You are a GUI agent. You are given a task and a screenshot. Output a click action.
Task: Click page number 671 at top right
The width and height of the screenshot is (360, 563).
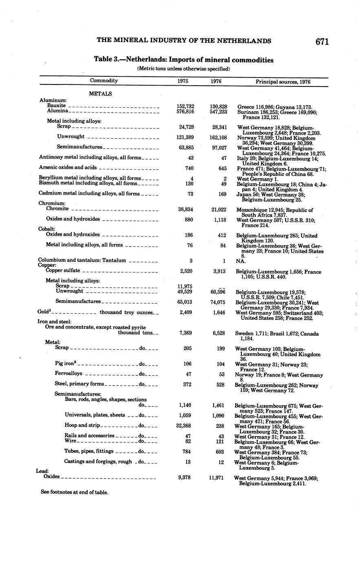[321, 41]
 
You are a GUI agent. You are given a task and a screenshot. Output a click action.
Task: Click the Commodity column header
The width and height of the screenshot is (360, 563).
[104, 81]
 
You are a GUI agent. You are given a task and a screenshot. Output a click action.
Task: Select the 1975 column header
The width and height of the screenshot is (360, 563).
[183, 81]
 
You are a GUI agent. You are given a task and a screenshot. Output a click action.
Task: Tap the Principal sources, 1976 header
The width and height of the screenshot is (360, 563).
[283, 82]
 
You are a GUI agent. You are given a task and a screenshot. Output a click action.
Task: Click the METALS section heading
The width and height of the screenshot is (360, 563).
[100, 94]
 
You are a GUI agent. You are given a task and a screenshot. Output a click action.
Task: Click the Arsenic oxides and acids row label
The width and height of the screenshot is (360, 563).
[68, 167]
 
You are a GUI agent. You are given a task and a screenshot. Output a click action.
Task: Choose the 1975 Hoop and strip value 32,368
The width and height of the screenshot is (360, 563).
[186, 426]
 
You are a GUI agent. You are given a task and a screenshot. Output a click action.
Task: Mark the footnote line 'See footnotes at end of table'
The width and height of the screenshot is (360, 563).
[74, 492]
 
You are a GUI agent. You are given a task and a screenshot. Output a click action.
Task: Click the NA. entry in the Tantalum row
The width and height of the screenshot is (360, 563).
[241, 261]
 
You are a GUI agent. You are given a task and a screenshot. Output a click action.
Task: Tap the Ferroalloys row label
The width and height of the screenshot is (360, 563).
[68, 374]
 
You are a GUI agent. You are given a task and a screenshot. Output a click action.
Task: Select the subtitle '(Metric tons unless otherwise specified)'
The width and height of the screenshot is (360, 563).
[183, 69]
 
